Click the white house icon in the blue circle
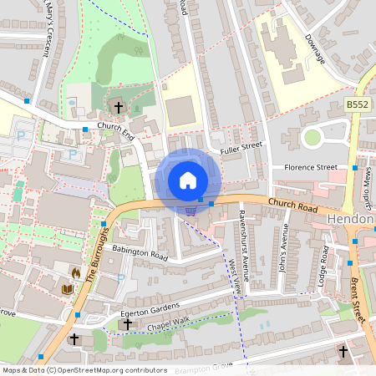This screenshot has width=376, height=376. (187, 180)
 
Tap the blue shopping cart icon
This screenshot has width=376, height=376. (191, 211)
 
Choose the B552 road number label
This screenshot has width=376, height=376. (358, 104)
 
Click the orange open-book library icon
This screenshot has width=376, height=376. (69, 289)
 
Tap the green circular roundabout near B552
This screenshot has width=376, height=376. (312, 137)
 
